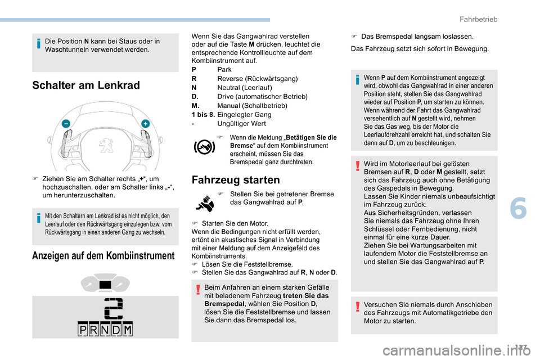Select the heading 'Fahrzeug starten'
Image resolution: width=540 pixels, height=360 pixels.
click(x=236, y=180)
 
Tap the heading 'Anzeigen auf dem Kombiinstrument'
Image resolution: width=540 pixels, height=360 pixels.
click(x=103, y=255)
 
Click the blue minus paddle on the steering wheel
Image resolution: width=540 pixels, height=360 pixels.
click(x=66, y=123)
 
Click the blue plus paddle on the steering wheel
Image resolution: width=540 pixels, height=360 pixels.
click(x=145, y=123)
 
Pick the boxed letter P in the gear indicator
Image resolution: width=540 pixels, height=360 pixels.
click(x=83, y=330)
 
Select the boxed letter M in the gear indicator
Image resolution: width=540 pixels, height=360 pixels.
click(x=127, y=330)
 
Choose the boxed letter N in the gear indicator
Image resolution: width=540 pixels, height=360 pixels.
click(x=105, y=330)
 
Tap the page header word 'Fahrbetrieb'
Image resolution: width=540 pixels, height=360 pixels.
click(x=478, y=19)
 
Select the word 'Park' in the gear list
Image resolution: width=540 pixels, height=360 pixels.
click(x=224, y=69)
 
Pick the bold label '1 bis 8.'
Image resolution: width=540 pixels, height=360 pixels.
click(x=203, y=114)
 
